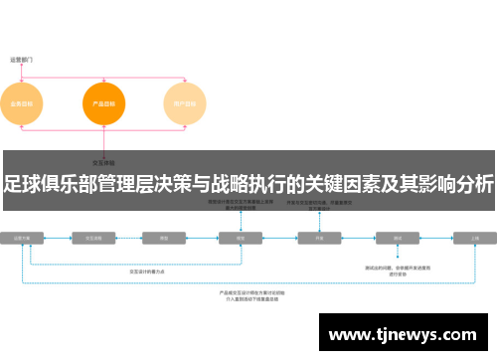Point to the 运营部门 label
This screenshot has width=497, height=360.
point(21,60)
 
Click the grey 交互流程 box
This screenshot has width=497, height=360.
point(95,239)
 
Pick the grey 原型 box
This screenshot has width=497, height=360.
point(163,239)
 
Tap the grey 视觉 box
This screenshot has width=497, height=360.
point(240,239)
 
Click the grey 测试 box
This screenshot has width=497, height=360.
point(398,239)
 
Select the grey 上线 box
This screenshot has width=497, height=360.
point(473,239)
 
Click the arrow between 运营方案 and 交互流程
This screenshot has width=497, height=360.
point(59,239)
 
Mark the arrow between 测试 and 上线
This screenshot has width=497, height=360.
point(436,239)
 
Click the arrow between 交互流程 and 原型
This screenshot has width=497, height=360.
point(130,239)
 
